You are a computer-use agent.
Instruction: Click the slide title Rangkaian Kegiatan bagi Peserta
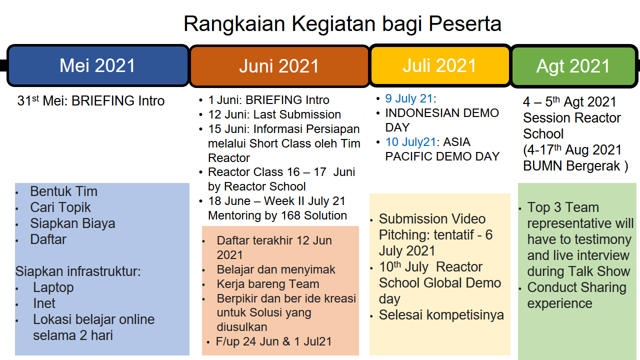(342, 24)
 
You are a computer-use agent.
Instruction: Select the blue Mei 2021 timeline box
(97, 65)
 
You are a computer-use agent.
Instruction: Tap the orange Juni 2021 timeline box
(279, 66)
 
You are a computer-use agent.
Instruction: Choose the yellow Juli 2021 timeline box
(440, 65)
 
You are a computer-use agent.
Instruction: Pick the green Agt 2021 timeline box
(573, 66)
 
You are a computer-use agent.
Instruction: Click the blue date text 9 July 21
(409, 98)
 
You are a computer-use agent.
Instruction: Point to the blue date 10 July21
(410, 142)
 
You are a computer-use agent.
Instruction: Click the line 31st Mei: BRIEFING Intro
(91, 100)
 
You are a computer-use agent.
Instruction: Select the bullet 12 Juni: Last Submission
(274, 114)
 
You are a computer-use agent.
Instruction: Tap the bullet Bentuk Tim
(63, 191)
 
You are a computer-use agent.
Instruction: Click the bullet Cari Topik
(60, 207)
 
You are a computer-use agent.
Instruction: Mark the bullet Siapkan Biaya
(72, 223)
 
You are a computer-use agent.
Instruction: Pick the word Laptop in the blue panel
(53, 287)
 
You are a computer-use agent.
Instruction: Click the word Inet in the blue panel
(44, 303)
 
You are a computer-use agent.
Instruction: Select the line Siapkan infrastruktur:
(78, 271)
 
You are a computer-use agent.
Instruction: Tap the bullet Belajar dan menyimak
(276, 269)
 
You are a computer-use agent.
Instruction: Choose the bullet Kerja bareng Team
(268, 284)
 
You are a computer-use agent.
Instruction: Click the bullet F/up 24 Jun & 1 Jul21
(273, 341)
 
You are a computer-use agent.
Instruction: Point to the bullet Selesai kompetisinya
(441, 315)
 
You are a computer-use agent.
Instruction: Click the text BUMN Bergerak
(571, 166)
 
